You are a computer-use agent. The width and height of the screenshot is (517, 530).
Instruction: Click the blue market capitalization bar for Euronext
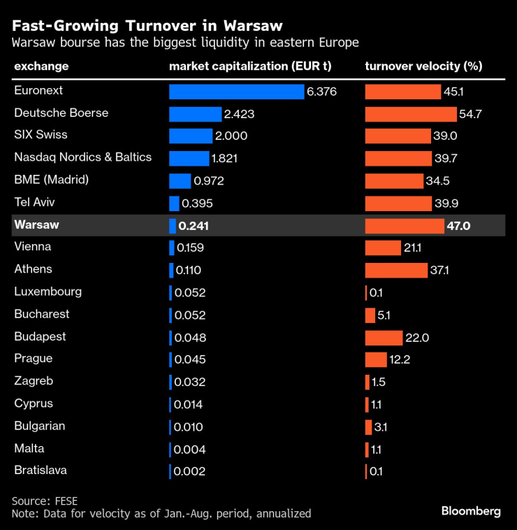[x=236, y=92]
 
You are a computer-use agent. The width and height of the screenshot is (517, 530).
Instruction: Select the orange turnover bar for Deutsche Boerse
[x=410, y=114]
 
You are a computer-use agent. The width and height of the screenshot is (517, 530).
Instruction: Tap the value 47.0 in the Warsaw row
[x=458, y=226]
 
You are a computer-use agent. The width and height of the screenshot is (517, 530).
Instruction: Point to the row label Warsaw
[x=36, y=225]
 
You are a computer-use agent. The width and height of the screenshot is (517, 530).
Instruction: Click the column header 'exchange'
[x=41, y=66]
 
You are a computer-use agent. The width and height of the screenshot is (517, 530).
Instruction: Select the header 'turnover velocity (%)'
[x=423, y=66]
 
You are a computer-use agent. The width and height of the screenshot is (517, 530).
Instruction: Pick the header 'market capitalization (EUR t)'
[x=250, y=66]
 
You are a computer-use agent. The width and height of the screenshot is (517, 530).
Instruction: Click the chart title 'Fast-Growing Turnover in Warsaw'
[x=147, y=26]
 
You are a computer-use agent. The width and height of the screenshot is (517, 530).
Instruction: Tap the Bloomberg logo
[x=471, y=511]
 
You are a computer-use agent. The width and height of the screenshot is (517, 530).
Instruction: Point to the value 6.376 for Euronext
[x=321, y=92]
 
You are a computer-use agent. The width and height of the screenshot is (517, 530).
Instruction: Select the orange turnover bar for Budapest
[x=384, y=338]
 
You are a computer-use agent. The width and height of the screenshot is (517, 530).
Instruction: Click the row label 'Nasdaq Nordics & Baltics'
[x=82, y=157]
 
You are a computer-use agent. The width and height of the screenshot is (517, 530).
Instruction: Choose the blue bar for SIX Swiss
[x=190, y=136]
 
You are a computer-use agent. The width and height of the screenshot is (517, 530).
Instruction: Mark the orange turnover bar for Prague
[x=375, y=360]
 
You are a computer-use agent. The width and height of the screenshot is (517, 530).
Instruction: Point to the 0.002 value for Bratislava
[x=189, y=472]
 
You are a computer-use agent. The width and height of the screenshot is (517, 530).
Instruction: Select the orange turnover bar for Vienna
[x=382, y=248]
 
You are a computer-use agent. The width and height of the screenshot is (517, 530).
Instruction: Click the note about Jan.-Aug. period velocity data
[x=161, y=513]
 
